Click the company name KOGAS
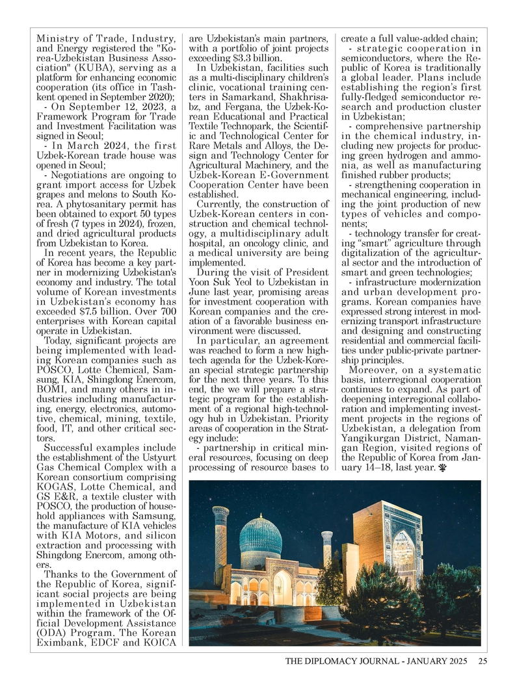coord(62,487)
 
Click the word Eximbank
coord(65,643)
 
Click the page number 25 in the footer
coord(482,662)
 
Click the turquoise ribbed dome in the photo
coord(260,534)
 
